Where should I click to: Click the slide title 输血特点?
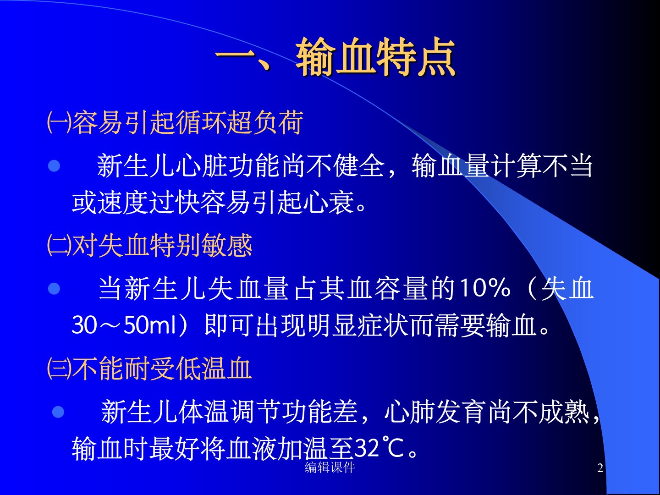tap(375, 57)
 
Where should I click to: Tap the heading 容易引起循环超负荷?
tap(187, 122)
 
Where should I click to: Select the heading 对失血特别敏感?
tap(162, 246)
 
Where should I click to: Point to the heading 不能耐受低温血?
tap(162, 368)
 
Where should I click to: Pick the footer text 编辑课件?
tap(330, 467)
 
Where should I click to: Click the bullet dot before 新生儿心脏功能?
tap(54, 166)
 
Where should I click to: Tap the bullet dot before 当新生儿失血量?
tap(54, 289)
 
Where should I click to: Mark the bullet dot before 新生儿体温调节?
tap(58, 412)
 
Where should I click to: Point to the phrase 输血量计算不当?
tap(502, 165)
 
